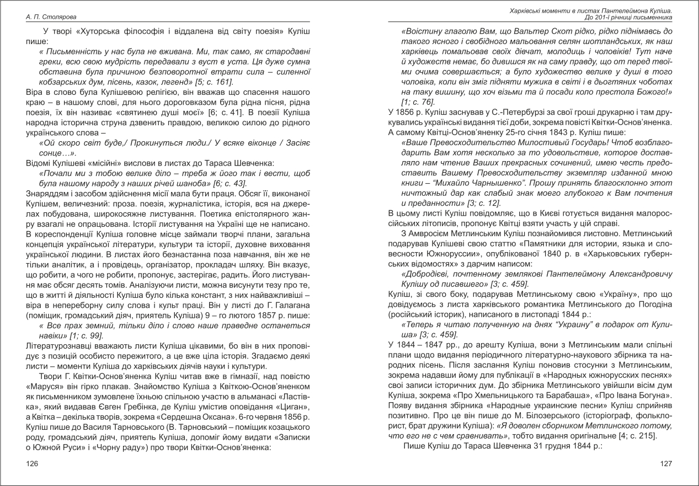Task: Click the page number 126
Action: click(x=32, y=464)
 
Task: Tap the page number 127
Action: click(x=666, y=464)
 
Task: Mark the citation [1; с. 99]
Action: click(x=83, y=335)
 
